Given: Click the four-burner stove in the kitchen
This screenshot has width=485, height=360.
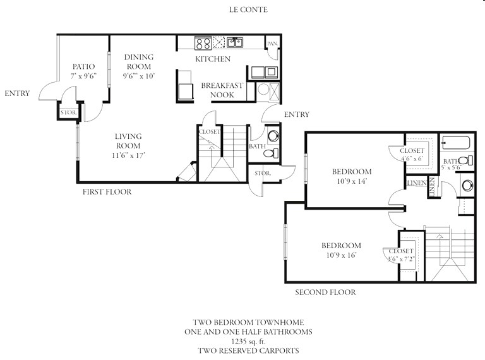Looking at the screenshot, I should [203, 43].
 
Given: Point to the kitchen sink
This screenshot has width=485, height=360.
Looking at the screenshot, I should [234, 43].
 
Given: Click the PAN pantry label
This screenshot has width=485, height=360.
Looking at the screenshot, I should [272, 44].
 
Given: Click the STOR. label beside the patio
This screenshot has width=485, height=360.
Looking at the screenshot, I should [68, 114].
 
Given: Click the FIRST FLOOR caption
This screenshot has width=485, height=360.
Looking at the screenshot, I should [107, 192].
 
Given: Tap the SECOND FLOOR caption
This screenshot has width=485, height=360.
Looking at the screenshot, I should [325, 292].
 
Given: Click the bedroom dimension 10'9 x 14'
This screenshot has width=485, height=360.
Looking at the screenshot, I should [351, 181].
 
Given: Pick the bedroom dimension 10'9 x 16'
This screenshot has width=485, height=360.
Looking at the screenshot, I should [341, 256].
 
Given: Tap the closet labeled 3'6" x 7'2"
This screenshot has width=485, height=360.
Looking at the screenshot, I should [401, 255].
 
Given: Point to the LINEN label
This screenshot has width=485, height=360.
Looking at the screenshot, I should [417, 183].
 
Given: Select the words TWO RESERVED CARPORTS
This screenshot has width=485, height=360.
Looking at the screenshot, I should [248, 351].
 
